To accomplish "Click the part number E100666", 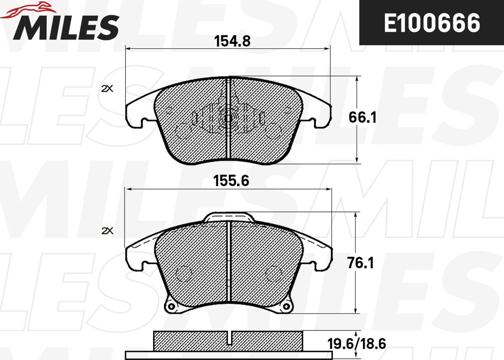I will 431,23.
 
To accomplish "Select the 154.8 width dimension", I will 232,41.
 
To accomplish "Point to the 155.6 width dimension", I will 231,181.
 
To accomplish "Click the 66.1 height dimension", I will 362,118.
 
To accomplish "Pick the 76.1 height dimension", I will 361,263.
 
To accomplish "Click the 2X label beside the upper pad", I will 108,89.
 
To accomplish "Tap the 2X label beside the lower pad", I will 108,231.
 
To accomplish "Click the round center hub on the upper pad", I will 228,119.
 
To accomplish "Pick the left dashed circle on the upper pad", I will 183,131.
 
